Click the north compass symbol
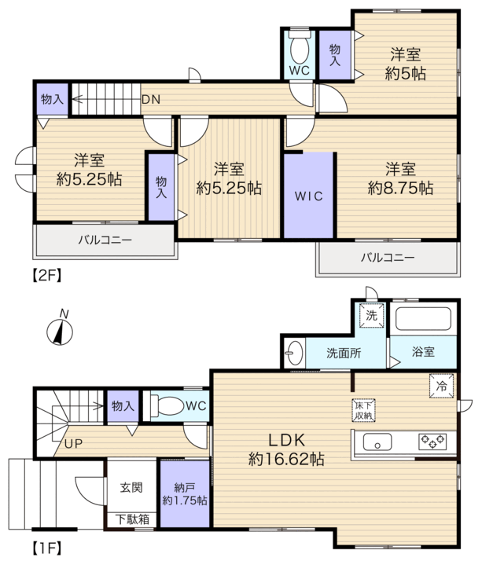click(60, 331)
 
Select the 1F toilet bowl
click(167, 405)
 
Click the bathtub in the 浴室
click(423, 319)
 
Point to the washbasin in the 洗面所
click(294, 353)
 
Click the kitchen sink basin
click(377, 442)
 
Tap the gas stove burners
click(432, 442)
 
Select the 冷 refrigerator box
click(442, 386)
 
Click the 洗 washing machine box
click(371, 315)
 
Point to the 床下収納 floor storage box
click(364, 411)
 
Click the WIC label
click(309, 196)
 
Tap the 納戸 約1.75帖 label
click(185, 493)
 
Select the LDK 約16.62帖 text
click(286, 449)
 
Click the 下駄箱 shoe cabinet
click(132, 519)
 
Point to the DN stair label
click(151, 100)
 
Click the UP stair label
click(73, 444)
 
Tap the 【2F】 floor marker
click(46, 276)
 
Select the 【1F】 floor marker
click(46, 548)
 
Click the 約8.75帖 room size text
click(400, 188)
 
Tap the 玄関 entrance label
click(131, 487)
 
